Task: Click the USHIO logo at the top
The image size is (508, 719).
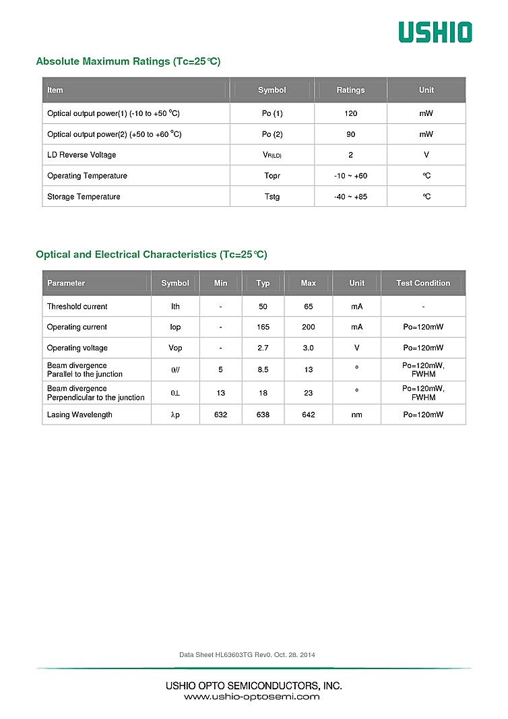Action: pyautogui.click(x=435, y=32)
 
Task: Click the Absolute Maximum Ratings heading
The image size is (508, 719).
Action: pyautogui.click(x=128, y=61)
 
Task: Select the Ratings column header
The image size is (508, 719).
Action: pyautogui.click(x=350, y=90)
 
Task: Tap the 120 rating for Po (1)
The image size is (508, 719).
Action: pyautogui.click(x=350, y=113)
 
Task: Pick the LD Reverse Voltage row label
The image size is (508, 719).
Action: pyautogui.click(x=82, y=155)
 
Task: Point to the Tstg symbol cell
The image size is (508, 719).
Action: pyautogui.click(x=272, y=197)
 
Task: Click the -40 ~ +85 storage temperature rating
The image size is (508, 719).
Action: pyautogui.click(x=350, y=197)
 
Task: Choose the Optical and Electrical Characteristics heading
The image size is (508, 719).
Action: pyautogui.click(x=151, y=255)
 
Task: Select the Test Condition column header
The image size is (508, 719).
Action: pyautogui.click(x=423, y=283)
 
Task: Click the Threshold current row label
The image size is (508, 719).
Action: pyautogui.click(x=77, y=307)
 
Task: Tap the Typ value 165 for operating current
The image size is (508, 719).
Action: pyautogui.click(x=263, y=327)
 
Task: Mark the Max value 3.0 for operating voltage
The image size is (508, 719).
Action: pyautogui.click(x=308, y=348)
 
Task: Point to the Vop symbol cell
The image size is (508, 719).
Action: pyautogui.click(x=175, y=348)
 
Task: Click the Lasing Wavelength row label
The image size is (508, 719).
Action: pyautogui.click(x=80, y=415)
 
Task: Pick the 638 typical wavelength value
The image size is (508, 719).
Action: pyautogui.click(x=263, y=415)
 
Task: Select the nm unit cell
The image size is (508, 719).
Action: pyautogui.click(x=356, y=415)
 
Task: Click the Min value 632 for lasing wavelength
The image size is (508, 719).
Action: pyautogui.click(x=220, y=415)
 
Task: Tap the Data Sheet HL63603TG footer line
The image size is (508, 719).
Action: pyautogui.click(x=247, y=655)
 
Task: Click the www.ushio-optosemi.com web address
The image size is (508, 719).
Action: pyautogui.click(x=252, y=697)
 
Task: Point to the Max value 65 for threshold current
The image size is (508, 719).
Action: pyautogui.click(x=308, y=307)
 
